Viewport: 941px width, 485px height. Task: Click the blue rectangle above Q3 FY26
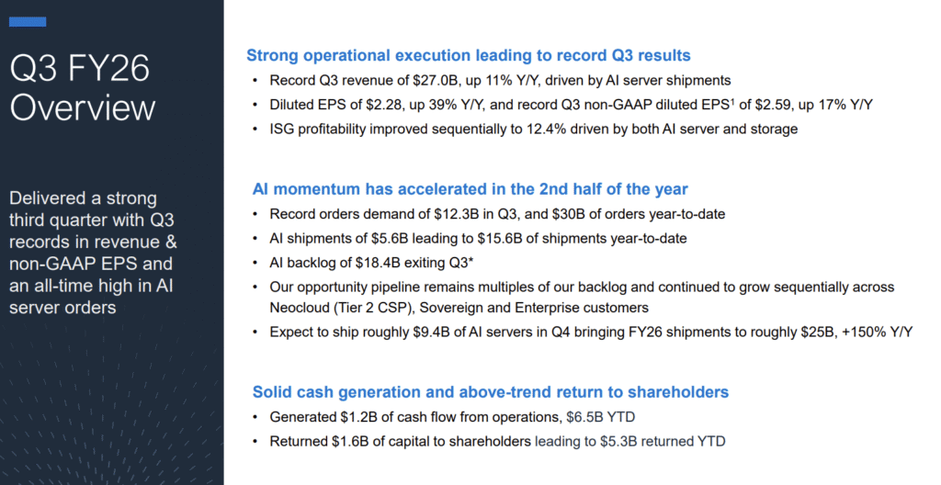(28, 22)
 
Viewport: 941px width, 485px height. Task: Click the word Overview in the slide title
(82, 107)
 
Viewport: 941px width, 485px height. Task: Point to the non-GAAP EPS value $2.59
(767, 105)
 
